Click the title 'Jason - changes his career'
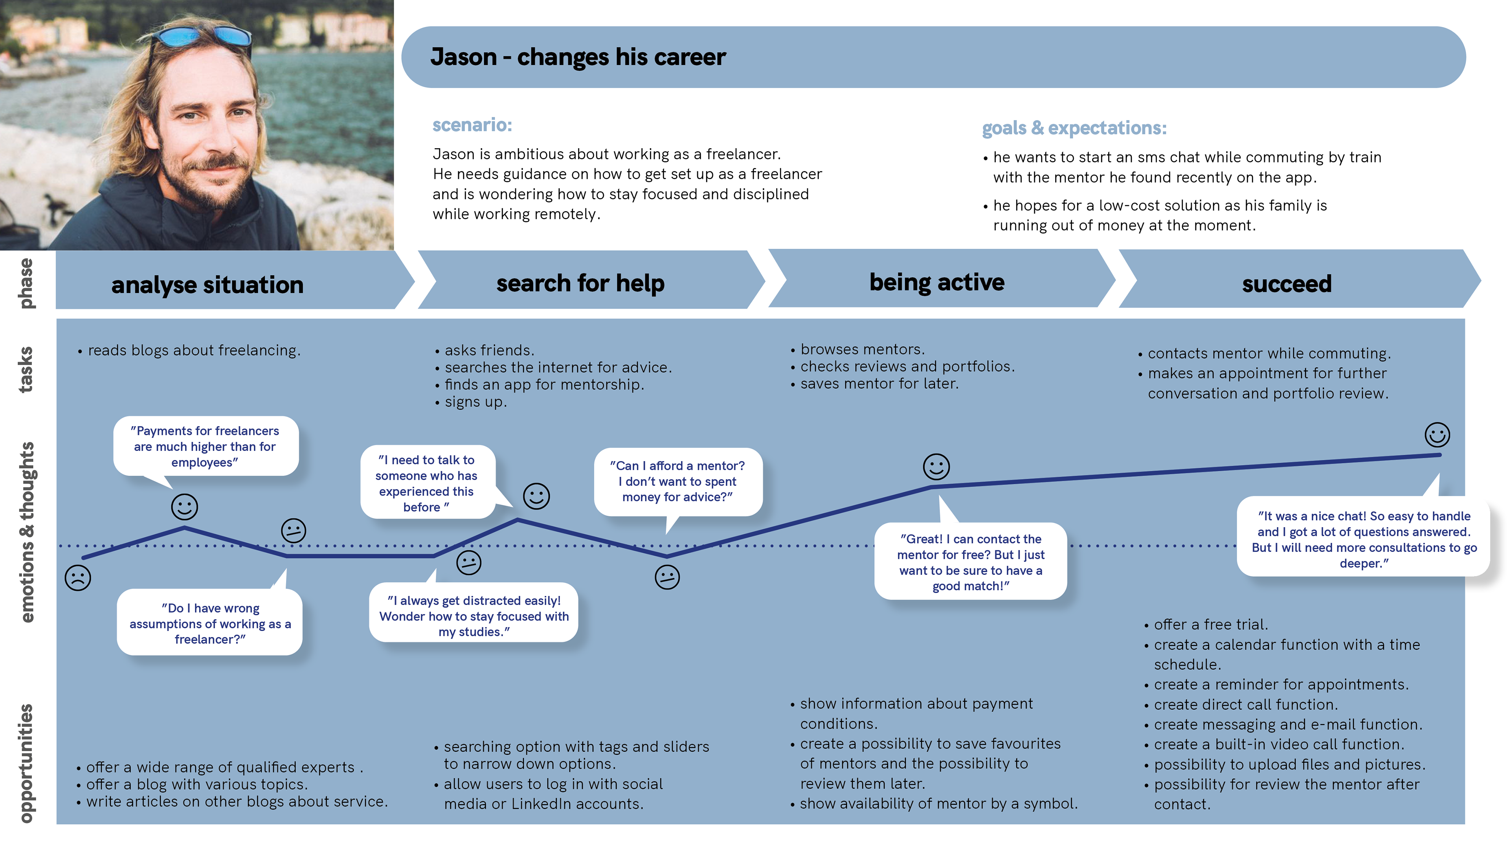[x=578, y=57]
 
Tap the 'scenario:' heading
[x=472, y=125]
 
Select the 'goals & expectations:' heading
[x=1074, y=128]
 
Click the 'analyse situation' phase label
[x=207, y=285]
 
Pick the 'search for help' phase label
[x=580, y=283]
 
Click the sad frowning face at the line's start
[x=78, y=578]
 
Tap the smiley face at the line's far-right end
[x=1437, y=435]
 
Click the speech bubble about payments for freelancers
[x=206, y=447]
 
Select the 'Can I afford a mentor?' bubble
[x=678, y=481]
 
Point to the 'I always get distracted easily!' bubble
[x=473, y=612]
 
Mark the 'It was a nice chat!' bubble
[x=1364, y=537]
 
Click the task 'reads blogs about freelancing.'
[x=189, y=350]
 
